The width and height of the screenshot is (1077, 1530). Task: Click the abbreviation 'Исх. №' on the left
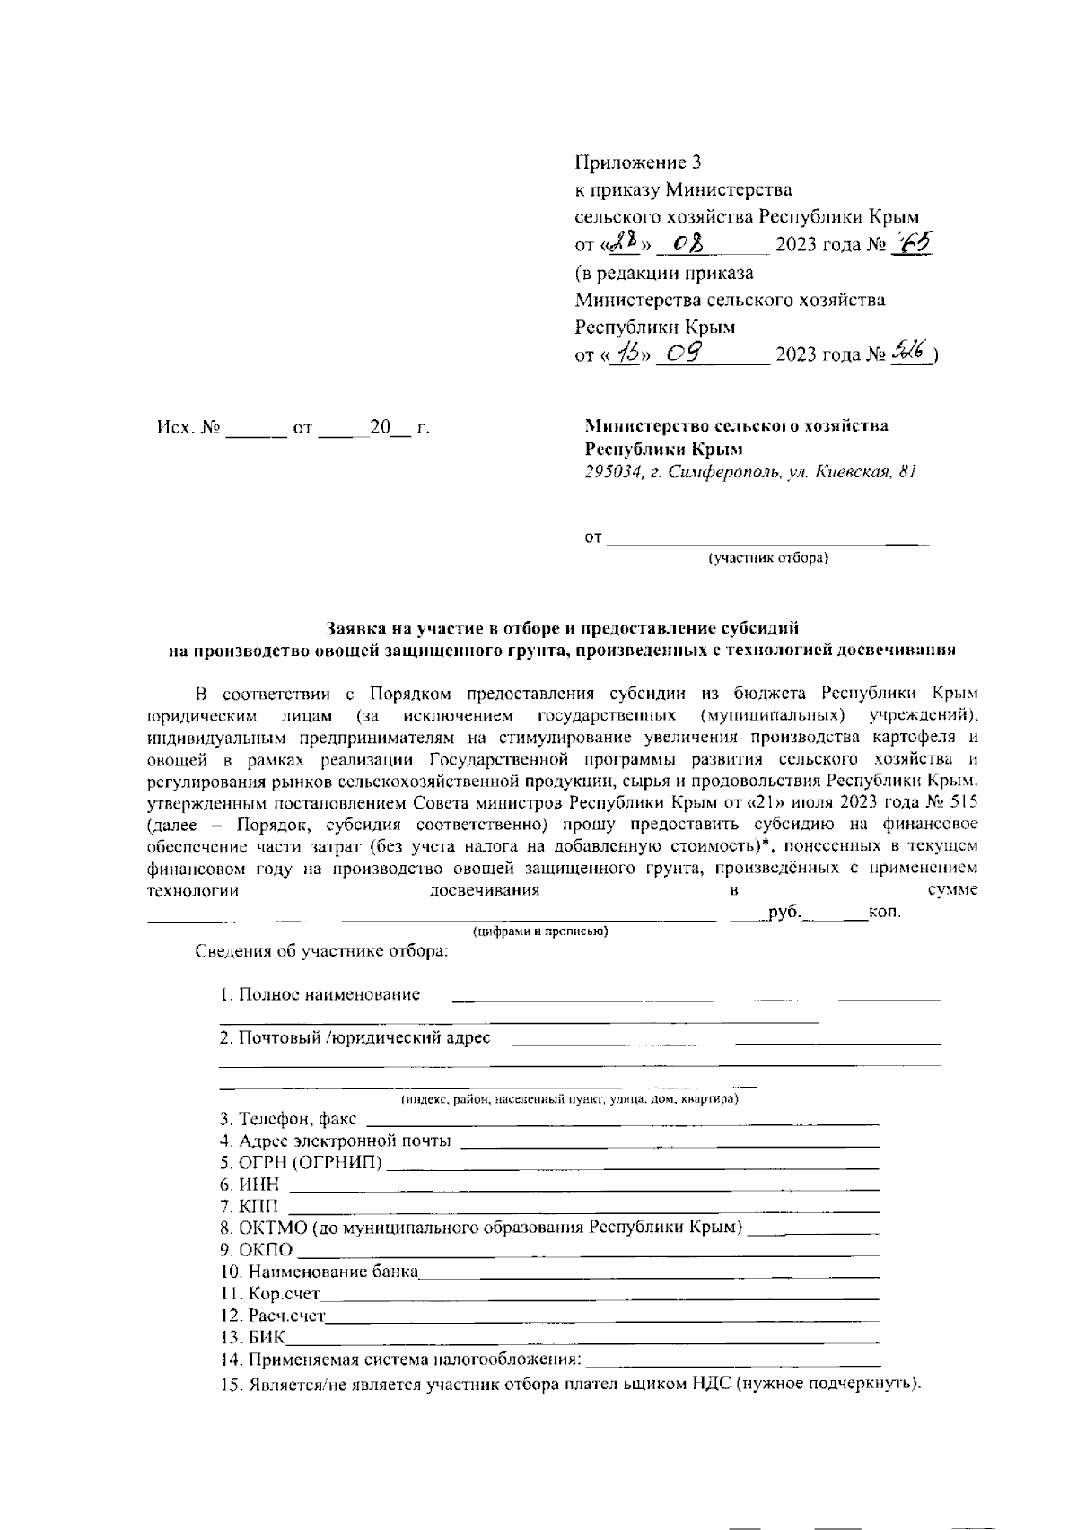coord(188,428)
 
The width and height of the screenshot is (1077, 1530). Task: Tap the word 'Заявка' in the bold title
coord(355,628)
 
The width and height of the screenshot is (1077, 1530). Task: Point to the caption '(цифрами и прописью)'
coord(541,931)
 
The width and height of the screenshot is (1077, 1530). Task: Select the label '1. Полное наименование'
coord(320,994)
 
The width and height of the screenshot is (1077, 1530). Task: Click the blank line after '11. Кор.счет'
coord(599,1296)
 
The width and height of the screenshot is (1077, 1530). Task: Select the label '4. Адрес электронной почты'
coord(336,1141)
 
